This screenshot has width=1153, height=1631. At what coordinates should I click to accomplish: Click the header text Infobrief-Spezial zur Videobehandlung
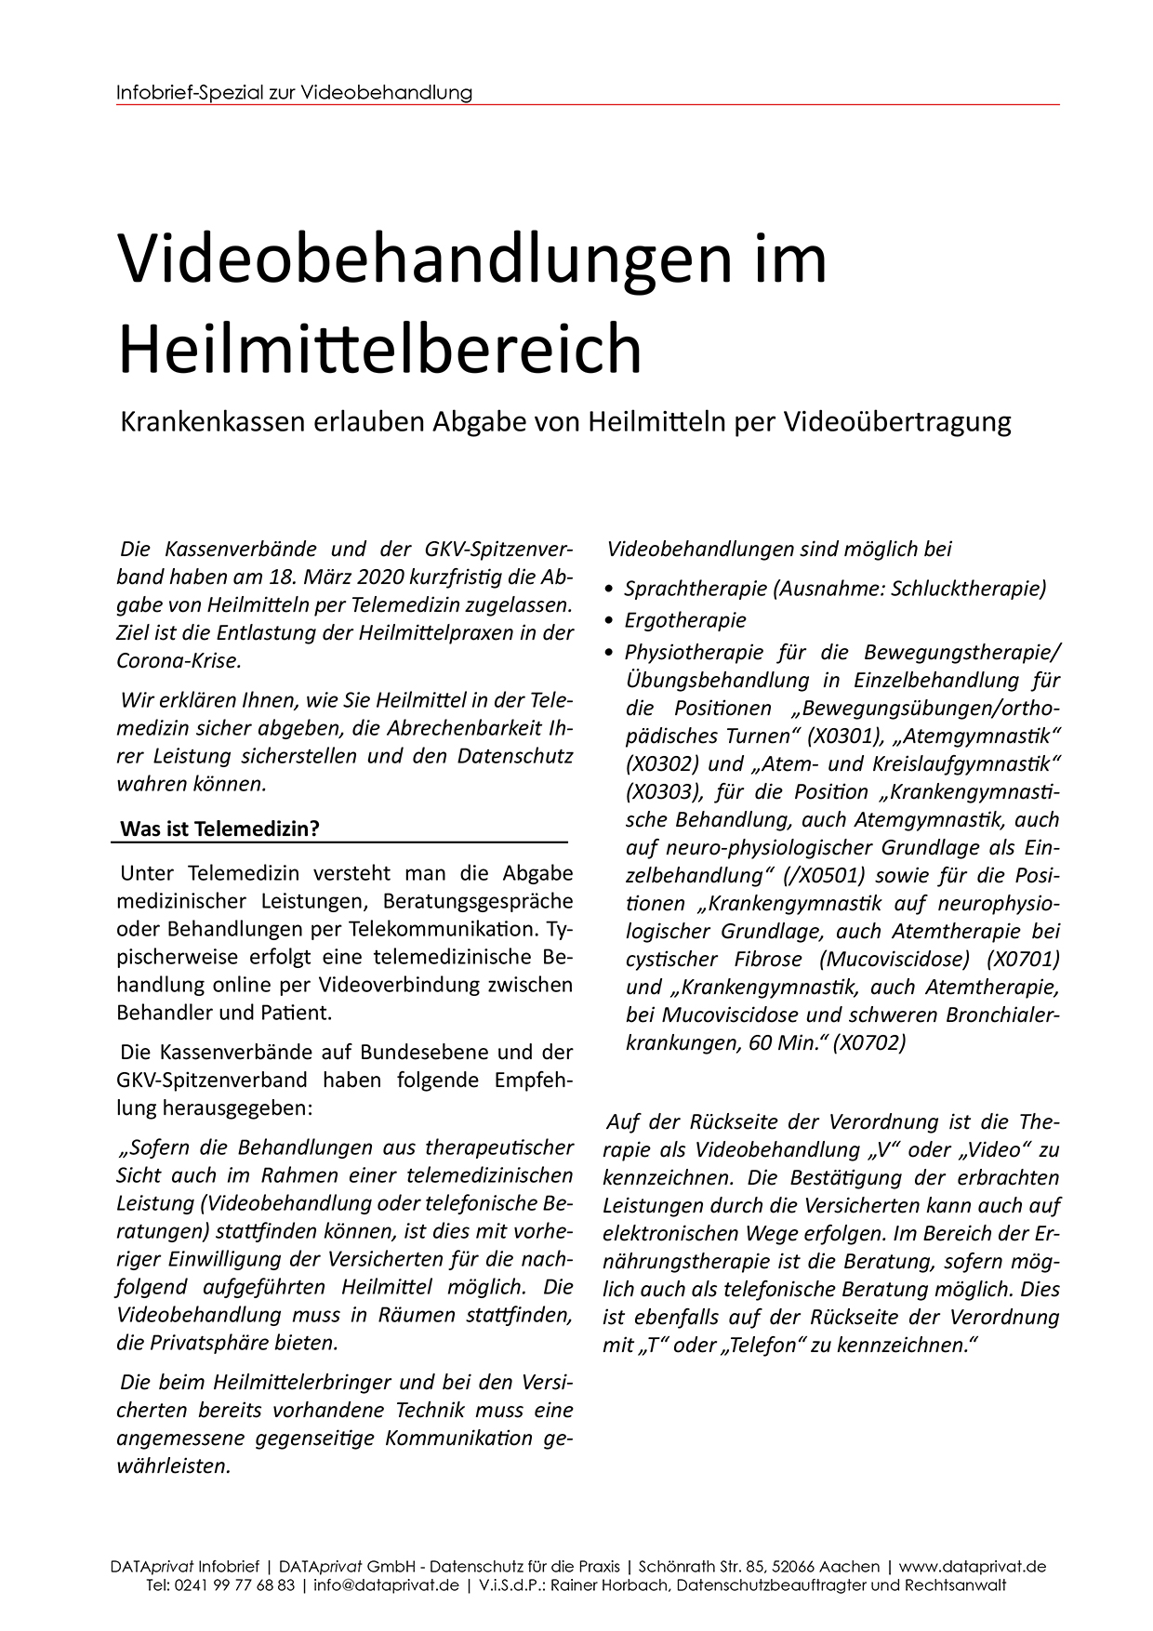[x=295, y=93]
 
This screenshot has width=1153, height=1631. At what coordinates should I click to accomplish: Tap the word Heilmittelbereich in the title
[x=380, y=350]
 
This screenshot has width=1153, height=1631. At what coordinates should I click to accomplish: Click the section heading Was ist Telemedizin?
[x=219, y=829]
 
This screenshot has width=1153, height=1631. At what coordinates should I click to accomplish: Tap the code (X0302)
[x=663, y=763]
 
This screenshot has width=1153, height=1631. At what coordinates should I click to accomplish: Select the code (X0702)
[x=869, y=1042]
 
